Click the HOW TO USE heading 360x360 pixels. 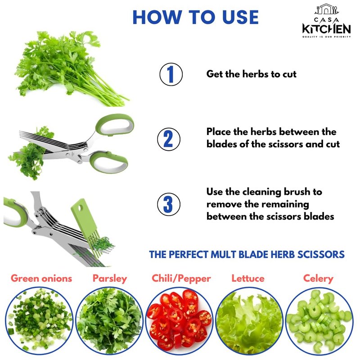[196, 17]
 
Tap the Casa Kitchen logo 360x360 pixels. [326, 21]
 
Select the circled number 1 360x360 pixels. [171, 74]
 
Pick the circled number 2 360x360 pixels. [168, 139]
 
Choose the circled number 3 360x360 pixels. [168, 204]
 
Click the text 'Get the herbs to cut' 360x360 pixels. [251, 74]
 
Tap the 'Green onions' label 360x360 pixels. [41, 279]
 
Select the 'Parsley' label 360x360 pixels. [110, 279]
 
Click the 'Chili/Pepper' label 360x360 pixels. [181, 279]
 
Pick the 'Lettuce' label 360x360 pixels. [248, 278]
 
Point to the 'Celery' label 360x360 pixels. [318, 279]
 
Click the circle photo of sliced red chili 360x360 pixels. [180, 321]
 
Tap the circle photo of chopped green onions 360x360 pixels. [39, 321]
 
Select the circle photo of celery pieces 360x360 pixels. [319, 321]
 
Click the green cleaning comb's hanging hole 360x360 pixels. [80, 208]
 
